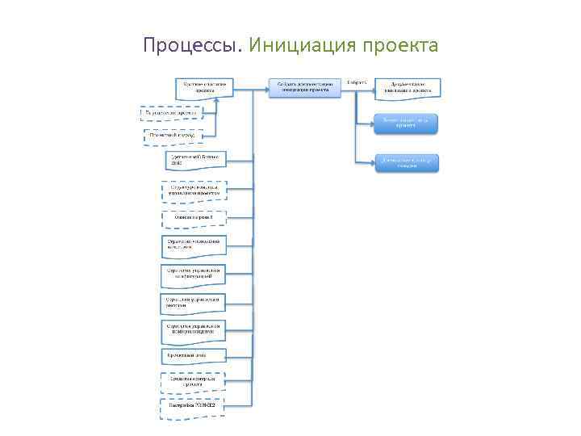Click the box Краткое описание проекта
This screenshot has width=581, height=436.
tap(205, 87)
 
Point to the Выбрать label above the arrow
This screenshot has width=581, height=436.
tap(357, 82)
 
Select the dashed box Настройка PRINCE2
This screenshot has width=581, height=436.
tap(192, 407)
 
